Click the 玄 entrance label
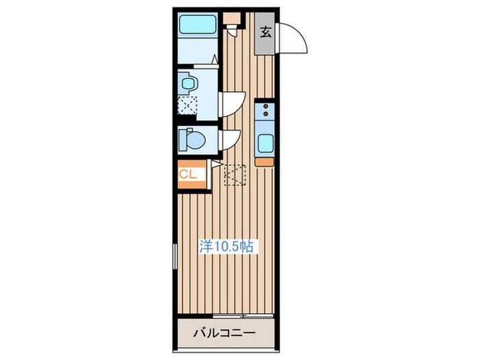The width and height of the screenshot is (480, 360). pos(265,30)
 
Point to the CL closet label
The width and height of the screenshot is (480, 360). pos(189,175)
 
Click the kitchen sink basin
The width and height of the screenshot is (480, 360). pos(265,143)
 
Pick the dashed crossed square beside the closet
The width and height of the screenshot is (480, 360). pos(235,174)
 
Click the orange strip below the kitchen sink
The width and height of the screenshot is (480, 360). pos(265,162)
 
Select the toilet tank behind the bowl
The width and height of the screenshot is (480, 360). pos(182,141)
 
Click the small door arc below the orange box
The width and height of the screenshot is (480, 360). pos(234,30)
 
